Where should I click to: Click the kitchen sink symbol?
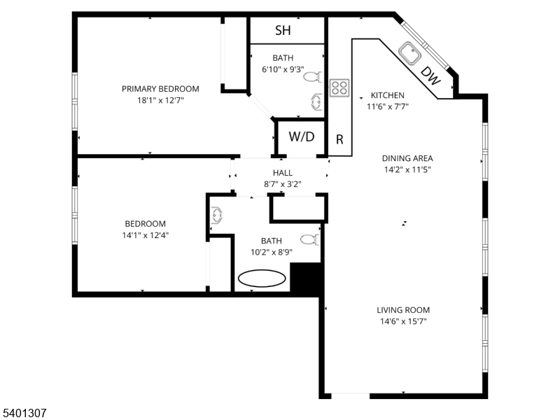[409, 53]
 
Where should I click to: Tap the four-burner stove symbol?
[339, 88]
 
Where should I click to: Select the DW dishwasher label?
[430, 76]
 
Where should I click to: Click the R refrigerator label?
[339, 139]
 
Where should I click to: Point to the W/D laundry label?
[302, 136]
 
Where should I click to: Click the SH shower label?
[283, 30]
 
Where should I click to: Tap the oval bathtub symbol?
[262, 278]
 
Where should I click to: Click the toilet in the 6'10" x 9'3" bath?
[312, 77]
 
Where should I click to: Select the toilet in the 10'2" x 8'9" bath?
[309, 239]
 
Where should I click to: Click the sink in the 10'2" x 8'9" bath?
[217, 216]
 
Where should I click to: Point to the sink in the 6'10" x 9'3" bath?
[316, 101]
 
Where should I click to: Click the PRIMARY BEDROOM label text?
[160, 89]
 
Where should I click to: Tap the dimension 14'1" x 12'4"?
[146, 235]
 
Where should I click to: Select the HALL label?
[283, 173]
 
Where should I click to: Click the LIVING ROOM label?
[403, 310]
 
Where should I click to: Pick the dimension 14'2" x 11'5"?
[407, 169]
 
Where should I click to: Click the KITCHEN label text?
[388, 95]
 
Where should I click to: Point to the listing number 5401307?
[23, 413]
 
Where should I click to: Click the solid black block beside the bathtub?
[305, 279]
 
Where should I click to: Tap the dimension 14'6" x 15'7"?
[403, 321]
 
